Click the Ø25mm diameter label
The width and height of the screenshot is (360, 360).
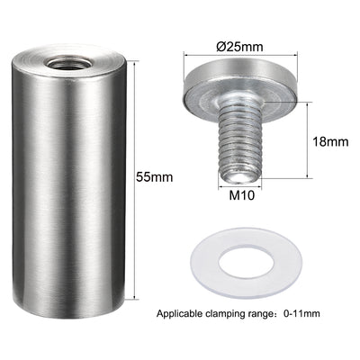click(239, 47)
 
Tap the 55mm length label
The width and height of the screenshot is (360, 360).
click(155, 177)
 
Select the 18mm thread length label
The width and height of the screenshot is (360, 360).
click(330, 141)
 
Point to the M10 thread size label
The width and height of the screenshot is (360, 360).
click(242, 195)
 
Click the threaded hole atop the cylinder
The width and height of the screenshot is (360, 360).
click(67, 63)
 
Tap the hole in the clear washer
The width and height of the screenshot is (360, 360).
click(246, 262)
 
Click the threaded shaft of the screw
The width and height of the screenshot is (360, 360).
click(240, 142)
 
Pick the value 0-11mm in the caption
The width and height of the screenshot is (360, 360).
click(301, 314)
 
